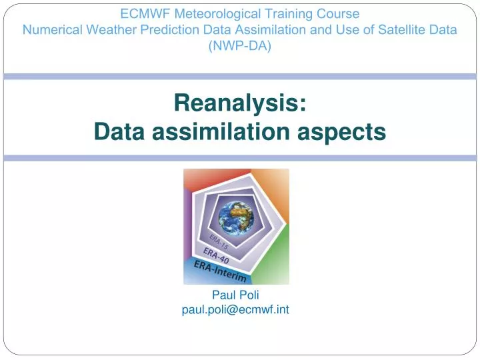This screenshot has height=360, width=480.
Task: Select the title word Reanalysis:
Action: click(240, 103)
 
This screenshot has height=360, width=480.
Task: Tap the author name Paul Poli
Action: click(235, 295)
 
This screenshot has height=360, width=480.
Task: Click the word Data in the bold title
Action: click(119, 131)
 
